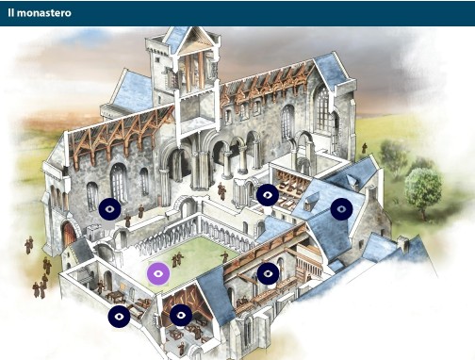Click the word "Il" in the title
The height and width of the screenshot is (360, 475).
click(11, 13)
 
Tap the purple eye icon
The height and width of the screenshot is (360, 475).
click(158, 273)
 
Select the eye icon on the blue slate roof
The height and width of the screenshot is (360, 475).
click(341, 208)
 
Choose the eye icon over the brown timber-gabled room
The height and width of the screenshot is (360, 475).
click(181, 316)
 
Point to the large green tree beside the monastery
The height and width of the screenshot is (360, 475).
click(422, 187)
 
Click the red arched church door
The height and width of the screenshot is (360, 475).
click(68, 234)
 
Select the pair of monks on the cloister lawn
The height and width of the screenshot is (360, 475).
click(177, 258)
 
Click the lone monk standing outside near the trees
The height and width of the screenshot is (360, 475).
click(364, 150)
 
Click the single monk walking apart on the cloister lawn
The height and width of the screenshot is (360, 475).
click(224, 255)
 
